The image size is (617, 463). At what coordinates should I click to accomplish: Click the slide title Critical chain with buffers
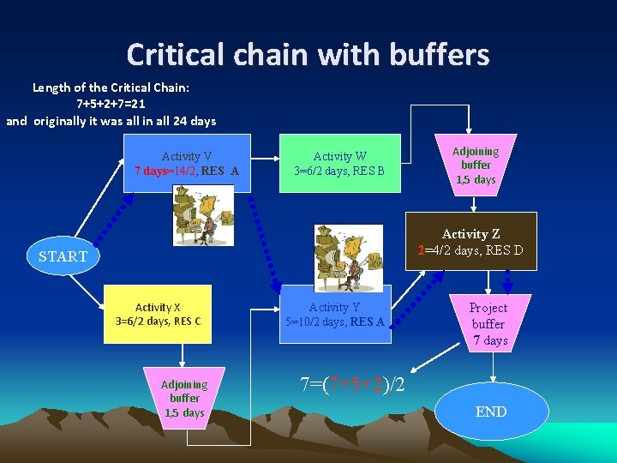(308, 55)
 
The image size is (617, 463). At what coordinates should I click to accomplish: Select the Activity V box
(187, 163)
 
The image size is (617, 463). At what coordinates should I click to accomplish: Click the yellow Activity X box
(158, 314)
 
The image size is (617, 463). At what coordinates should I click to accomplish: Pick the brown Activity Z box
(471, 242)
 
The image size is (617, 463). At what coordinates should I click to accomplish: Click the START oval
(63, 256)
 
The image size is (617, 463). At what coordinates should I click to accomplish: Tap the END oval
(491, 412)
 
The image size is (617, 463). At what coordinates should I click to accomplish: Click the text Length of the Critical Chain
(111, 87)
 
